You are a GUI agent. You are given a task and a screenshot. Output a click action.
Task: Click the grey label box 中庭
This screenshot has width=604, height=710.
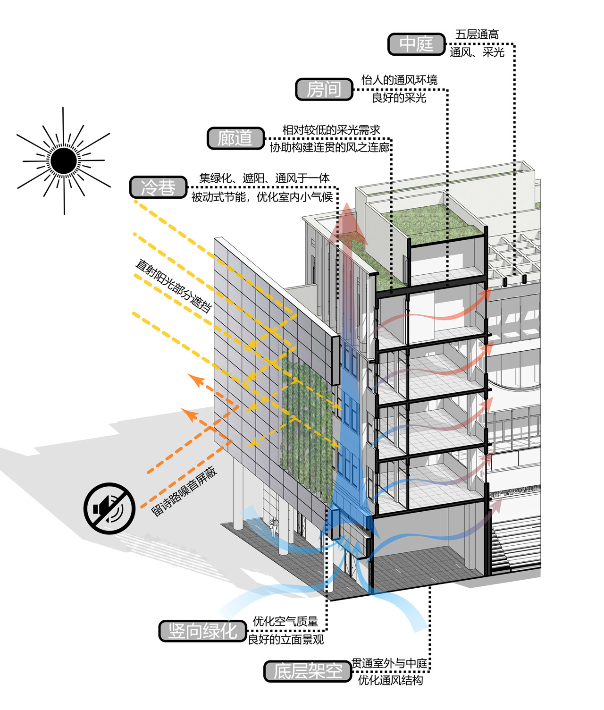pos(416,44)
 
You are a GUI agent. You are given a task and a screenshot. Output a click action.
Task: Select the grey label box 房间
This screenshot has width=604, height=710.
pos(324,89)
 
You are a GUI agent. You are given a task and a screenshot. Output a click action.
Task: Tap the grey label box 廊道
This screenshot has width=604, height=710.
pos(235,138)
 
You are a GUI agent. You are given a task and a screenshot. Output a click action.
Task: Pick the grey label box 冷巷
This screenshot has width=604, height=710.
pos(159,187)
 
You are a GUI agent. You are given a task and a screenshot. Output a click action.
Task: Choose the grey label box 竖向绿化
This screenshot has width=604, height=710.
pos(203,631)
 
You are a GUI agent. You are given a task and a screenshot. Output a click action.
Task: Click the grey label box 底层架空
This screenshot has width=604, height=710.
pos(308,671)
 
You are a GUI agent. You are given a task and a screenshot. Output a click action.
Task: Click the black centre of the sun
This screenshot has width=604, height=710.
pos(63,161)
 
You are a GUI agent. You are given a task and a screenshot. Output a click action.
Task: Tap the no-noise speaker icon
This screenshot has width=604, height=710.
pos(109,508)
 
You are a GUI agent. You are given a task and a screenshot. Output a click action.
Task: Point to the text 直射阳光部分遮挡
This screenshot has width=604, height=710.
pos(173,286)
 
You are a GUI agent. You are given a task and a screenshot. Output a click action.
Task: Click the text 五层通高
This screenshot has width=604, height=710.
pos(477,34)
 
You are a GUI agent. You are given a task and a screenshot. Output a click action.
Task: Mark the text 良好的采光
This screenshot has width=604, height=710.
pos(399,98)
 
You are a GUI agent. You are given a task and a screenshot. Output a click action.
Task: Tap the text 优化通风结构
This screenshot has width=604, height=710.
pos(390,680)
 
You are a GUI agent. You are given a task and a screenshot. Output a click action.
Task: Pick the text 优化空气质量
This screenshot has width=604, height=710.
pos(285,621)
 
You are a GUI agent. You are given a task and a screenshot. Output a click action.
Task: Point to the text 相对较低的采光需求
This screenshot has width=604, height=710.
pos(331,130)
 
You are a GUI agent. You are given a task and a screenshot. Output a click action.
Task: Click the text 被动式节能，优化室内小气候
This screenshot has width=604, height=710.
pos(262,197)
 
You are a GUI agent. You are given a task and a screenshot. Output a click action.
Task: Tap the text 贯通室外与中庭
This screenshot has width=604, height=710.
pos(389,663)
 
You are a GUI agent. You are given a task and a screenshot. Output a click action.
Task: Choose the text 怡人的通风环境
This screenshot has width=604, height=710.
pos(399,80)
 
